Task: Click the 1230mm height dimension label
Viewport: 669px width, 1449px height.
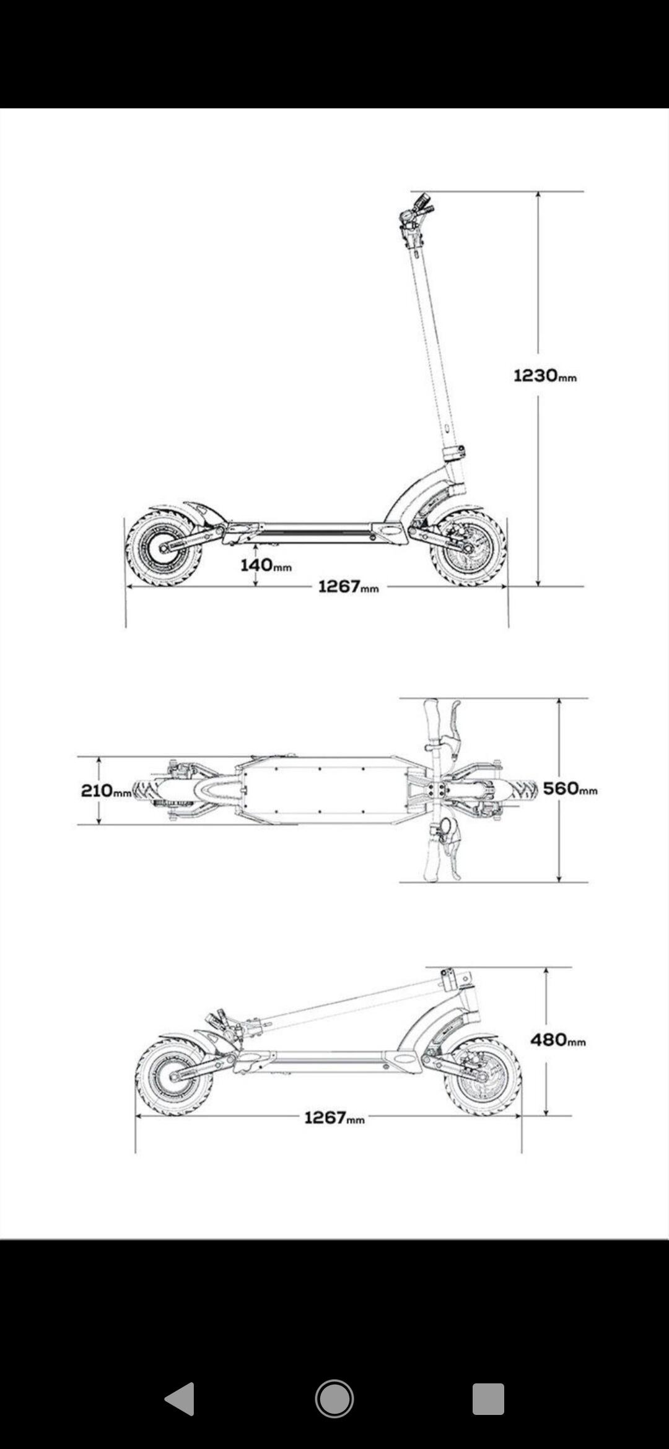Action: pos(545,375)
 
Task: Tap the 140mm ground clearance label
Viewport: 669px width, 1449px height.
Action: pos(266,565)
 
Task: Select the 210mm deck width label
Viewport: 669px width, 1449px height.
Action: pos(106,791)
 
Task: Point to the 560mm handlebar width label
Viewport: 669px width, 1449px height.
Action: pos(570,788)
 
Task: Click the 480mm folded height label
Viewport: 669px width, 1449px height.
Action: pos(557,1039)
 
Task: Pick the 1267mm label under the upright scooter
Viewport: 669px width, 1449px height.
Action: pos(348,586)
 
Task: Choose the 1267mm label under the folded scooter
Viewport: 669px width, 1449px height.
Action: pos(334,1117)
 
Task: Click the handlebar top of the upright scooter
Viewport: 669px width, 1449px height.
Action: pos(416,211)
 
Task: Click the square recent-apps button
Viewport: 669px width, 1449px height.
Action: pos(488,1399)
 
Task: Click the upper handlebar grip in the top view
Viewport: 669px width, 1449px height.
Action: pos(432,721)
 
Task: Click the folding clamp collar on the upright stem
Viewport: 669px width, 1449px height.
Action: pos(454,451)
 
